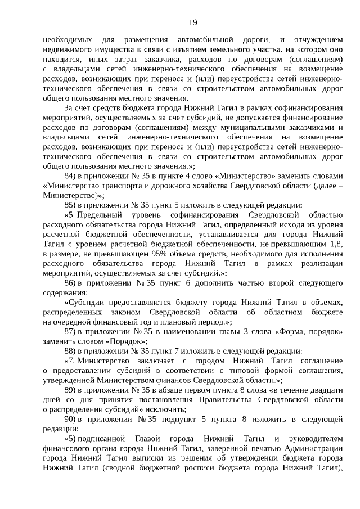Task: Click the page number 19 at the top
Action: (x=192, y=22)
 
